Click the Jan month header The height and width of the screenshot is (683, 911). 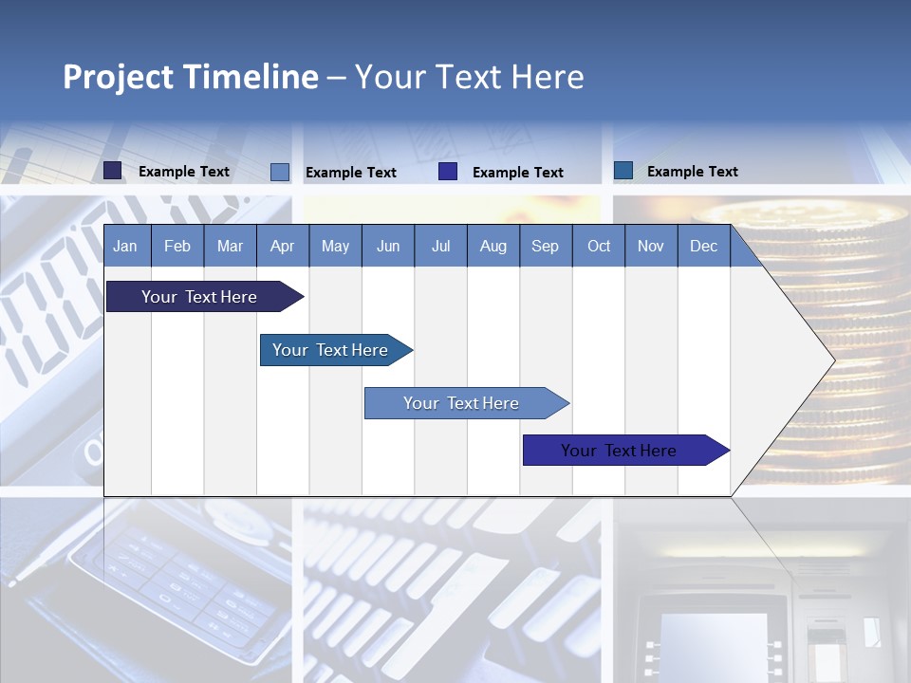coord(125,247)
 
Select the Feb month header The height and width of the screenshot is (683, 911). coord(177,247)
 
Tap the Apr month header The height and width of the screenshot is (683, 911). coord(282,247)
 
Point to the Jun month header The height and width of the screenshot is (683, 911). coord(387,247)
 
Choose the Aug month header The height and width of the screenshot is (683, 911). coord(493,247)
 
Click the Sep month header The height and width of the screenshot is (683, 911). coord(545,247)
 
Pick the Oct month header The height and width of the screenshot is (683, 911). coord(599,247)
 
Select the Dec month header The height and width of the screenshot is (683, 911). coord(703,247)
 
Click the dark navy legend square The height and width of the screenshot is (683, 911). coord(113,171)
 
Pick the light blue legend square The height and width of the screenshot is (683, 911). coord(280,172)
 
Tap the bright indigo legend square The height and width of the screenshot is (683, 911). coord(448,172)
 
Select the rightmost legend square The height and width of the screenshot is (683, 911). coord(623,171)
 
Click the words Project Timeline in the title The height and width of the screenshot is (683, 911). coord(190,77)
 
